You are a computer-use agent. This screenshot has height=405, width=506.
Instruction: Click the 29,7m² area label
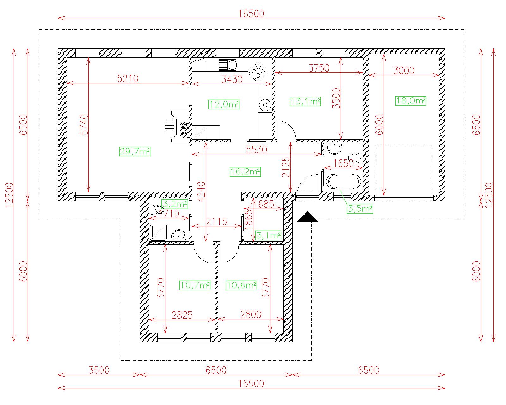[x=135, y=151]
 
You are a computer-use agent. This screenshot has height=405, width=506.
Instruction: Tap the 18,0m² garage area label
[x=410, y=101]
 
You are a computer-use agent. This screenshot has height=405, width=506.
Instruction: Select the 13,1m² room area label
[x=305, y=102]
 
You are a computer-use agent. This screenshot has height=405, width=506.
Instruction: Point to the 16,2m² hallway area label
[x=245, y=171]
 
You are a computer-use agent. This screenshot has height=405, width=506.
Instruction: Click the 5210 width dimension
[x=128, y=78]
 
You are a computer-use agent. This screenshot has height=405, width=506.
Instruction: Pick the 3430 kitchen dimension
[x=232, y=79]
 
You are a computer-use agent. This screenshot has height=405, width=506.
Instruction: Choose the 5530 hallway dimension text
[x=256, y=150]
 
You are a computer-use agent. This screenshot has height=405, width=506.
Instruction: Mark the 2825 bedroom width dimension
[x=182, y=315]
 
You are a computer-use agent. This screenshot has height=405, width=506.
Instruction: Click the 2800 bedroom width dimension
[x=251, y=315]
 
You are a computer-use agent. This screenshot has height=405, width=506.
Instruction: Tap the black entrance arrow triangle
[x=307, y=217]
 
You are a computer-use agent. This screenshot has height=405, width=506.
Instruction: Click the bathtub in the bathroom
[x=343, y=181]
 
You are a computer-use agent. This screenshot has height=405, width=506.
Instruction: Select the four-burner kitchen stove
[x=258, y=70]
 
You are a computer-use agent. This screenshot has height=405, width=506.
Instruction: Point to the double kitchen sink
[x=227, y=65]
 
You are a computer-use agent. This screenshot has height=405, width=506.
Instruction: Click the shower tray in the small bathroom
[x=158, y=232]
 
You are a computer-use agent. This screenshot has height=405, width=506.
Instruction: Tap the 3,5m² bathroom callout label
[x=360, y=209]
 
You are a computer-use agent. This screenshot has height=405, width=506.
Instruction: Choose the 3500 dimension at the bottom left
[x=99, y=370]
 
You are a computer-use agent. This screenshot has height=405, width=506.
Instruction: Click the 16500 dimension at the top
[x=251, y=14]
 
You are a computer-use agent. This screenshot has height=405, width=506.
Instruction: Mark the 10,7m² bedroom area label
[x=195, y=285]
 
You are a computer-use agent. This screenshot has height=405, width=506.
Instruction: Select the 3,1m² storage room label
[x=268, y=235]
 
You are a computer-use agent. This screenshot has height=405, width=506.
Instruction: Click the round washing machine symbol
[x=265, y=105]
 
